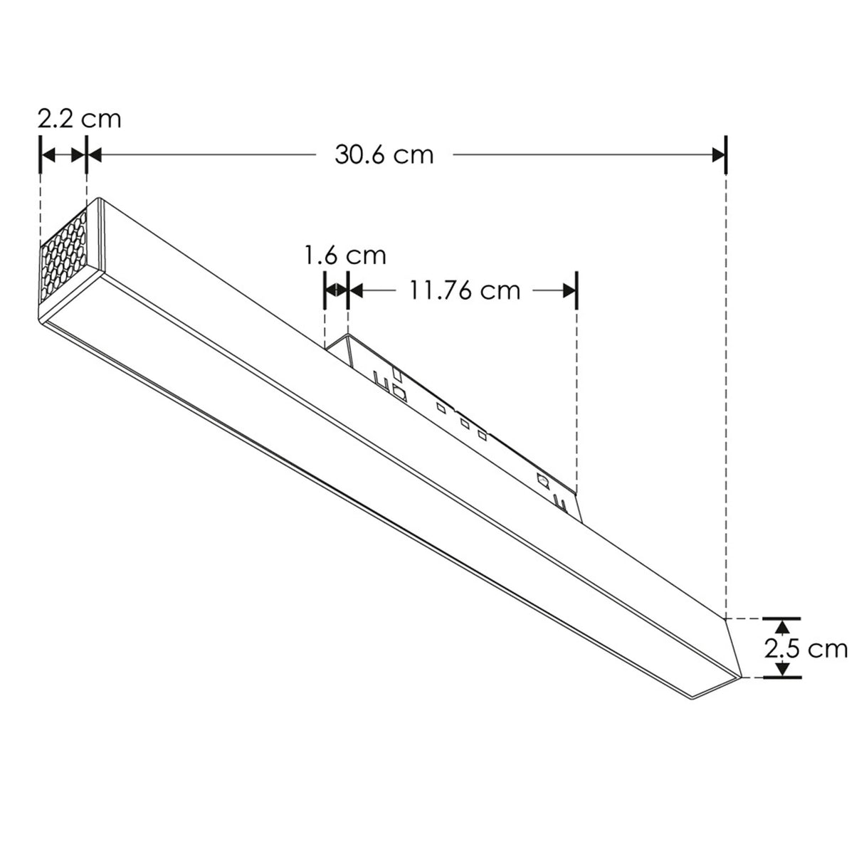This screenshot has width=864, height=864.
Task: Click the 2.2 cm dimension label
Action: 79,117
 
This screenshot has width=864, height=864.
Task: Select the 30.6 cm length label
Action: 384,154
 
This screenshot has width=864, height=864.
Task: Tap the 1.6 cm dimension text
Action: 345,254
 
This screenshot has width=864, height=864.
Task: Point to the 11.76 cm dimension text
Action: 463,290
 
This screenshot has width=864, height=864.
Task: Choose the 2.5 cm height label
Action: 806,648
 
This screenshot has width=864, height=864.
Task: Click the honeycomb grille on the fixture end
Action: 65,259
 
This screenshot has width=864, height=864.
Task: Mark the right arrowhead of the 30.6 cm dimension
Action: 717,154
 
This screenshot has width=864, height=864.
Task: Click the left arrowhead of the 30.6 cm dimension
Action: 95,154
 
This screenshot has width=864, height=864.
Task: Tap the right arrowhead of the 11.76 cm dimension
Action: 567,290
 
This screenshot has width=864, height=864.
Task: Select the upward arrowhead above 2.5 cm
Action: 782,627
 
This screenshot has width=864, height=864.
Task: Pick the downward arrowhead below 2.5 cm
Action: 782,669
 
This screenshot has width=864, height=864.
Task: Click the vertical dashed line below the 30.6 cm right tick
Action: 725,391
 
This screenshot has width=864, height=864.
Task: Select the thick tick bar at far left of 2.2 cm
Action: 41,154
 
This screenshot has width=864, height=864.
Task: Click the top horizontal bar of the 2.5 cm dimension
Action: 782,618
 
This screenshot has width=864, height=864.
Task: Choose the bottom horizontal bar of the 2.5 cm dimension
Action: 782,678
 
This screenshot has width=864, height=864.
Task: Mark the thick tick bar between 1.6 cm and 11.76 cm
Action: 347,290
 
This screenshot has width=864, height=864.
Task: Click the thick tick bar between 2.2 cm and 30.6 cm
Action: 86,154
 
